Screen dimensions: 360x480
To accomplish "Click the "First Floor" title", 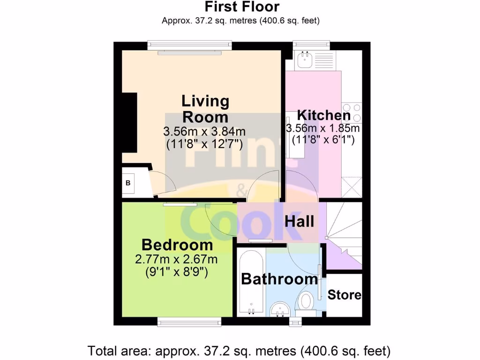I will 241,7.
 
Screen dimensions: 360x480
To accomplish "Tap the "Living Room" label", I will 205,108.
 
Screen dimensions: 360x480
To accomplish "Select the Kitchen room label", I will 324,115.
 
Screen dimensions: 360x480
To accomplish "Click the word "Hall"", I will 299,221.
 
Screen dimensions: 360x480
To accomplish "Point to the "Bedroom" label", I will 177,245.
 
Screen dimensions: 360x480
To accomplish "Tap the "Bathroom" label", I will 279,279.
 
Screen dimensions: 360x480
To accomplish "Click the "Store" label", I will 345,295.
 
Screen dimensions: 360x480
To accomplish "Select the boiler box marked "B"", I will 128,183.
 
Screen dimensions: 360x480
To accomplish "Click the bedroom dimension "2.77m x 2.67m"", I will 176,259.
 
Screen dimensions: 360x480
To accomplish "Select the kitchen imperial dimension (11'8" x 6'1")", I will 323,139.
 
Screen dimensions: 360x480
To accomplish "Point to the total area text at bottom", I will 240,350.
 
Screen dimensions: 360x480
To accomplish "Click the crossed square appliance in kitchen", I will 352,186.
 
